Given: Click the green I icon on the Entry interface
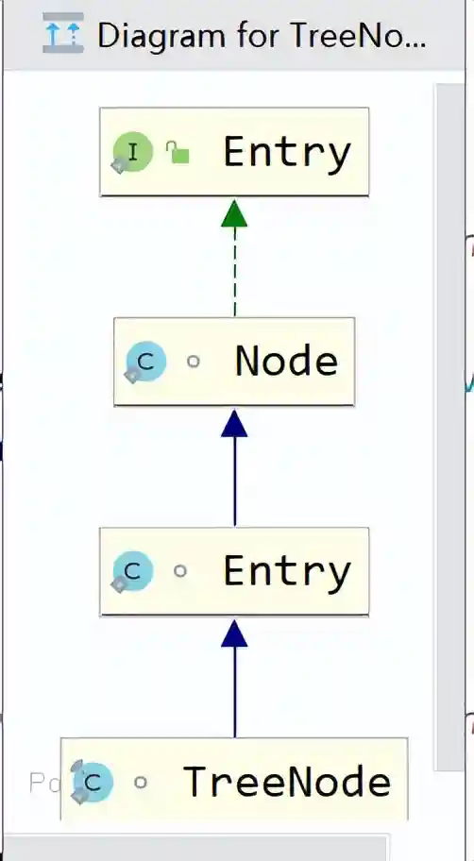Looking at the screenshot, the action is (x=133, y=152).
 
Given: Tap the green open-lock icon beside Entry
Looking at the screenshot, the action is (x=178, y=152).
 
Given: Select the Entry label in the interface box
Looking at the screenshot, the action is (x=286, y=152).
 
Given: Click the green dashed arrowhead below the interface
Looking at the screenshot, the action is (x=234, y=213).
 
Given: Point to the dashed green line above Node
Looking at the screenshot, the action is (x=234, y=272).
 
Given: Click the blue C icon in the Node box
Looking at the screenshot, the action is (x=145, y=362).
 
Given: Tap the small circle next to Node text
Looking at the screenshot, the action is (x=194, y=362).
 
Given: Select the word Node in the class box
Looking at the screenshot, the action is (x=286, y=362).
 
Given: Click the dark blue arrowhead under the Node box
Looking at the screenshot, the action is (x=234, y=423).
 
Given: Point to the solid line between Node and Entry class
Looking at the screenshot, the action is (x=234, y=482).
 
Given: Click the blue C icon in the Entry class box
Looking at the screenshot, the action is (x=132, y=571).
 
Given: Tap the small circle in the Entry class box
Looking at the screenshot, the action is (x=180, y=571).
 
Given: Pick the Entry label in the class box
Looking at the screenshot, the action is (x=286, y=571).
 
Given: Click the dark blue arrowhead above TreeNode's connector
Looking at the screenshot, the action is (x=234, y=633).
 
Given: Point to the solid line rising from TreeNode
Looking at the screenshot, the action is (x=234, y=692).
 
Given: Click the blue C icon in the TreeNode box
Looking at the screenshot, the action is (x=93, y=782).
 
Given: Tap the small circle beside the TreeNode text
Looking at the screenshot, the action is (x=141, y=782).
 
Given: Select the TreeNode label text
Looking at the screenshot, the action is (x=286, y=781).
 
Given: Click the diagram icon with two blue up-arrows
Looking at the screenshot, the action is (x=63, y=33).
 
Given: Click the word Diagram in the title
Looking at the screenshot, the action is (x=161, y=36).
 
